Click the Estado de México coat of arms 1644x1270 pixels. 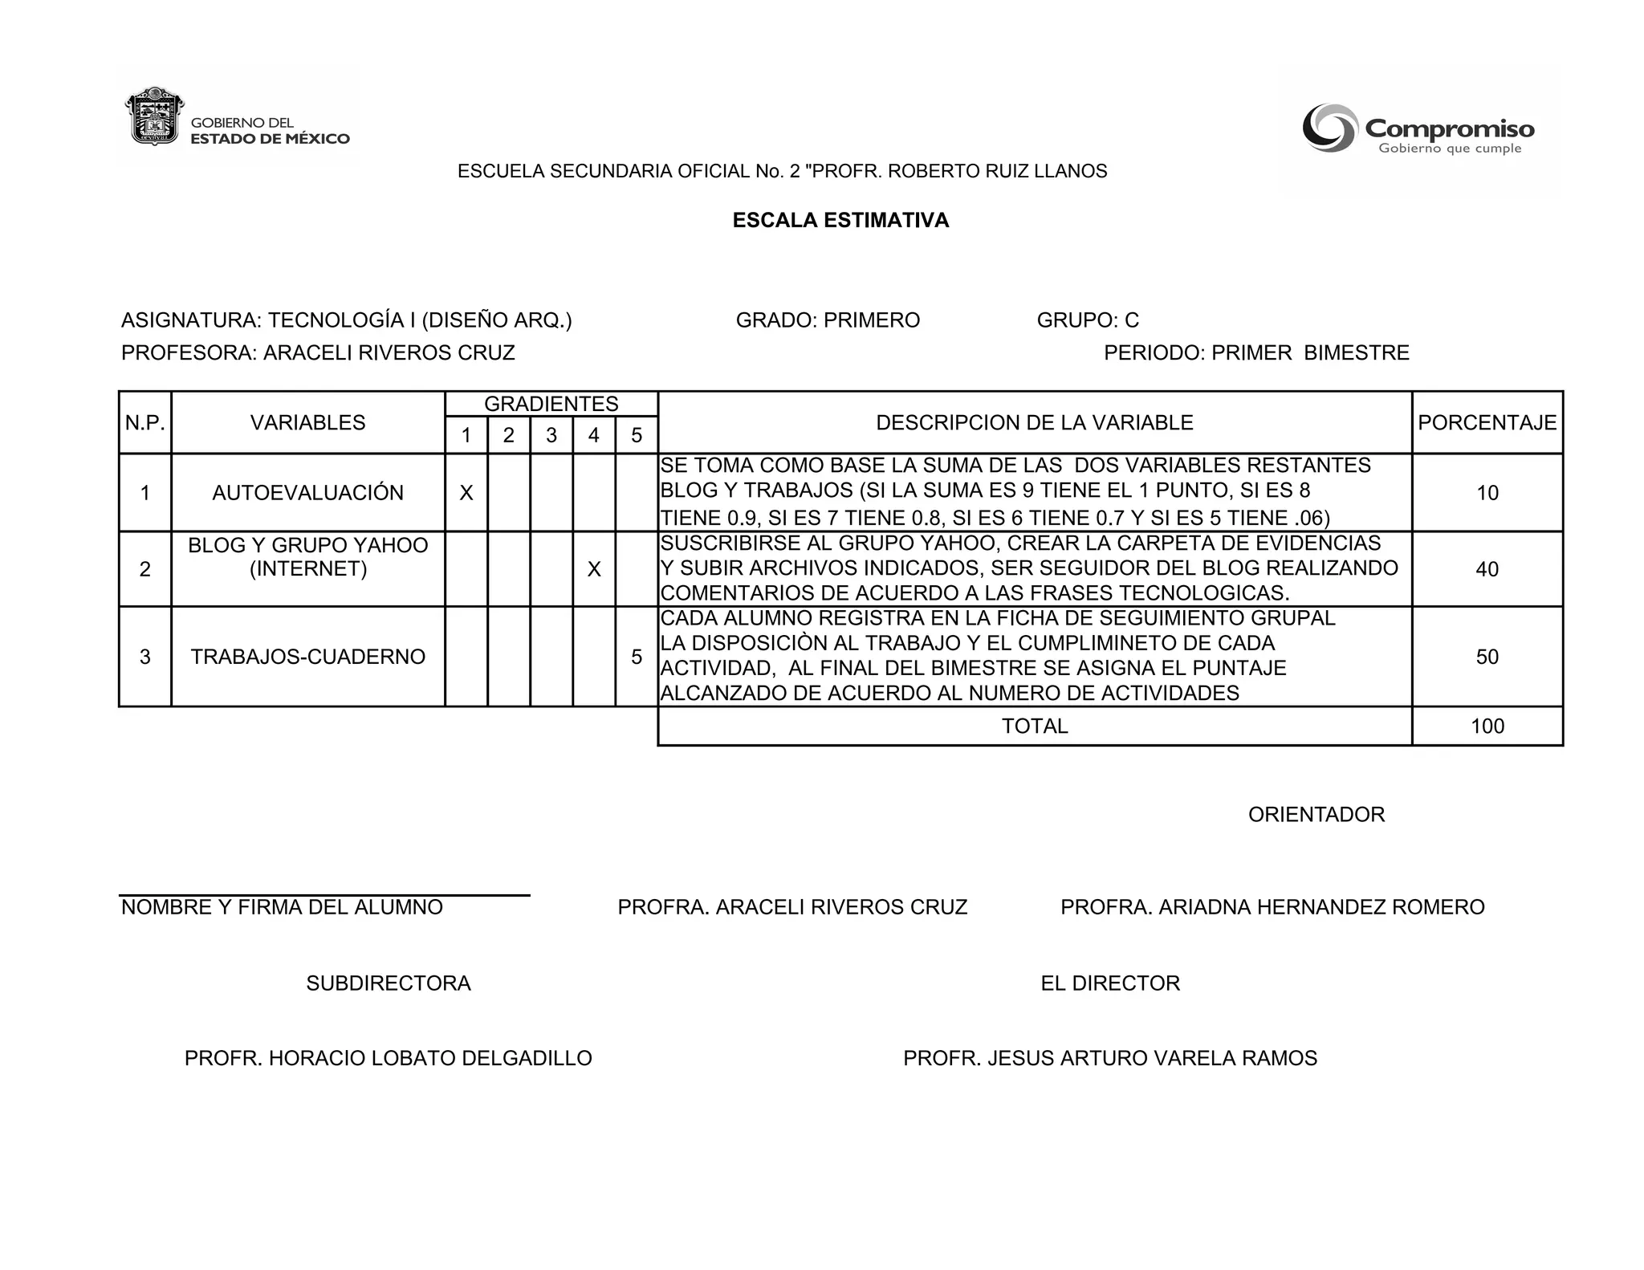click(x=155, y=117)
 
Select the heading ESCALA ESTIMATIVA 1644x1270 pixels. click(x=840, y=221)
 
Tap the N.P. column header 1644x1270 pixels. click(x=144, y=422)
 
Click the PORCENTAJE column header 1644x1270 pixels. click(x=1487, y=422)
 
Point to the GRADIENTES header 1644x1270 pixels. click(x=551, y=404)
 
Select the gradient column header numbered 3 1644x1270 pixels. click(x=551, y=435)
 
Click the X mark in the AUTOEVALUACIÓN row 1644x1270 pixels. click(x=466, y=493)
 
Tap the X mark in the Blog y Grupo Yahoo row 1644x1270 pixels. click(x=593, y=569)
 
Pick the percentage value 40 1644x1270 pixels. click(x=1487, y=569)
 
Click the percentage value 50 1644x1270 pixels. click(x=1487, y=657)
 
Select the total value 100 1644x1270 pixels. click(x=1487, y=727)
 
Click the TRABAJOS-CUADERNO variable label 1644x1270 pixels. click(x=307, y=657)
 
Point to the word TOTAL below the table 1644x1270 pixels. click(x=1034, y=727)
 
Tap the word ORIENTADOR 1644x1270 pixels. click(x=1316, y=815)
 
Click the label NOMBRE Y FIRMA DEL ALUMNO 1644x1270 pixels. click(x=282, y=907)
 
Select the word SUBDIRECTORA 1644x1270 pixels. click(x=388, y=983)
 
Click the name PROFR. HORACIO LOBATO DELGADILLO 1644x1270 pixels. click(x=388, y=1058)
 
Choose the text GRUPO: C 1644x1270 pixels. click(x=1088, y=320)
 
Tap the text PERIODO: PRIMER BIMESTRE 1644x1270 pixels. click(x=1255, y=353)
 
